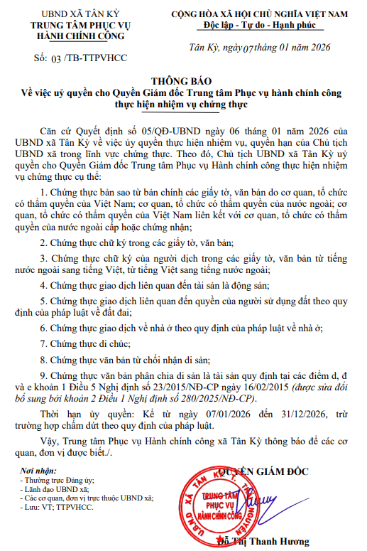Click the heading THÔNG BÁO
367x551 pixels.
(183, 82)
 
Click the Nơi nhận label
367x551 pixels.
(37, 471)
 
